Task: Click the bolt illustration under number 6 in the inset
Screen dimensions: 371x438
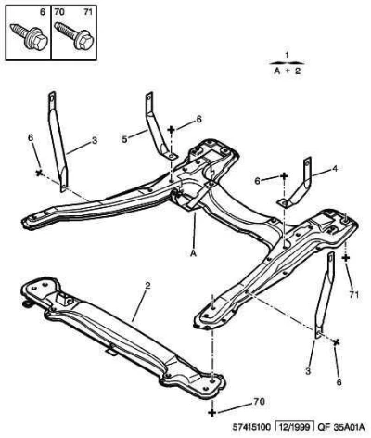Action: [29, 37]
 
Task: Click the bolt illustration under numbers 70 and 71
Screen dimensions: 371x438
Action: [73, 35]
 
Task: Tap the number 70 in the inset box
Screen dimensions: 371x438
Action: [59, 12]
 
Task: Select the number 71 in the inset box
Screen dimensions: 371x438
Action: [88, 12]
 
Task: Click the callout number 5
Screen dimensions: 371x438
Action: [124, 139]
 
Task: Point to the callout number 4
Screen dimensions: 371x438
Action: [335, 169]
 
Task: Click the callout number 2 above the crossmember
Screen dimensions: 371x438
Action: [147, 285]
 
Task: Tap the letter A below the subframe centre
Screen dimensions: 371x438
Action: [193, 253]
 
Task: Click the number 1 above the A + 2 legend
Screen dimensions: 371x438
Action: [287, 56]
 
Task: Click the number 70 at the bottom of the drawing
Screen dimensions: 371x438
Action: [259, 401]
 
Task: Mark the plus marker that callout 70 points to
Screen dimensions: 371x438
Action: [211, 412]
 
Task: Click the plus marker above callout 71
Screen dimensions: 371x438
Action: [346, 257]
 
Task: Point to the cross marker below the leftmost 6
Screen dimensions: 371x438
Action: [39, 173]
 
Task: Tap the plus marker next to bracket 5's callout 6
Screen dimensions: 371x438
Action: [171, 130]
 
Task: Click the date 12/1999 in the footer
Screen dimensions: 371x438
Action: [295, 427]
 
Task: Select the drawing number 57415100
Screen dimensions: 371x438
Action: [251, 427]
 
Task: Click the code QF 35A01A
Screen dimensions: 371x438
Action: [340, 427]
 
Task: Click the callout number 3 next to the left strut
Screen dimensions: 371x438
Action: [95, 140]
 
